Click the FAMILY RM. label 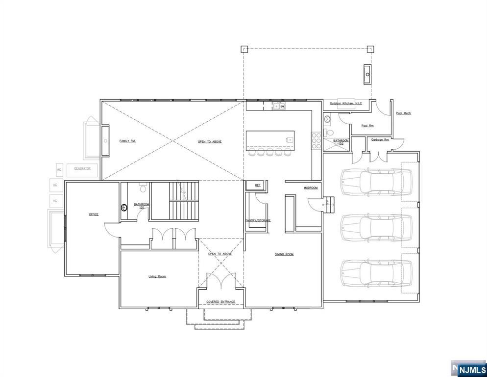click(127, 141)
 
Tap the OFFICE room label click(94, 215)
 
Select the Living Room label click(157, 276)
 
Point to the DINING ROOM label click(284, 254)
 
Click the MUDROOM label click(311, 188)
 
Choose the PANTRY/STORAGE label click(258, 220)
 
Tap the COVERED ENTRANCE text click(220, 302)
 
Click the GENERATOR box click(82, 169)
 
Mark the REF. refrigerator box click(258, 185)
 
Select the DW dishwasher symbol click(282, 107)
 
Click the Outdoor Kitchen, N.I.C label click(345, 104)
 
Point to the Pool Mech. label click(404, 113)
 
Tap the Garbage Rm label click(380, 139)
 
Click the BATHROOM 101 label click(142, 206)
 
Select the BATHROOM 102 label click(341, 142)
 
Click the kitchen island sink click(289, 140)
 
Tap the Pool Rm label click(367, 126)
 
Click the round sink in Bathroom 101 click(124, 207)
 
